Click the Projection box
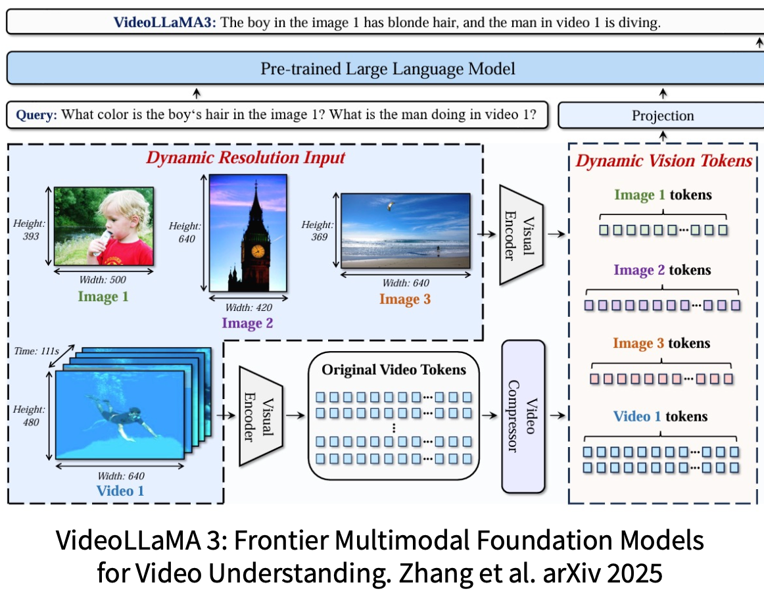coord(662,116)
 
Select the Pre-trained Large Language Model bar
coord(388,69)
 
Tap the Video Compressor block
coord(523,415)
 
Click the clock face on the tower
coord(258,250)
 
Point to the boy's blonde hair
coord(125,204)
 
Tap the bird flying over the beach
coord(390,206)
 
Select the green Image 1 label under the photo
coord(103,296)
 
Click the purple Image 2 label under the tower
coord(247,323)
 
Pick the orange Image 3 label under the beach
coord(405,300)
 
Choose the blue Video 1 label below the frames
coord(120,490)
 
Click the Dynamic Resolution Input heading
coord(245,158)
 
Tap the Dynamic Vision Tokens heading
coord(664,161)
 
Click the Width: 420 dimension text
coord(249,307)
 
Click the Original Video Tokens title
coord(393,370)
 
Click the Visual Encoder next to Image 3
coord(519,235)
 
